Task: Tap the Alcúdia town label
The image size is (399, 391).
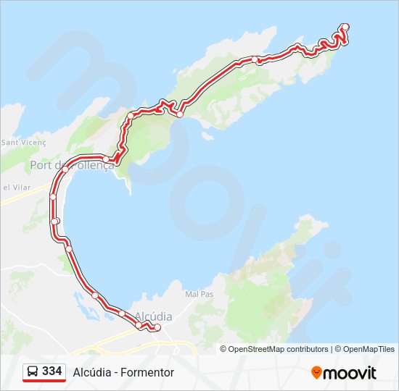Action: (x=153, y=316)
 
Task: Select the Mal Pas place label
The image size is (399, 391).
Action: (x=199, y=295)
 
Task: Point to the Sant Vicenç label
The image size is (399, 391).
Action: (x=23, y=143)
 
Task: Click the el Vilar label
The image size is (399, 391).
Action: (x=15, y=188)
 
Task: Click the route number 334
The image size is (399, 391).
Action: (x=52, y=371)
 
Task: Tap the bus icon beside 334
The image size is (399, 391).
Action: (x=33, y=372)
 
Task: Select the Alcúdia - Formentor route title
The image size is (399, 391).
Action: (x=123, y=372)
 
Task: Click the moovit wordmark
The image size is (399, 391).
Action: (x=350, y=373)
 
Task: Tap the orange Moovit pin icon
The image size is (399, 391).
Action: (x=316, y=372)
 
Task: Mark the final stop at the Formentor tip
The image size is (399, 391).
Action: (x=345, y=28)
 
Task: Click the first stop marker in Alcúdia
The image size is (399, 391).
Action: (x=157, y=328)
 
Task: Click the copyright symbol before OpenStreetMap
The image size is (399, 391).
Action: (x=223, y=349)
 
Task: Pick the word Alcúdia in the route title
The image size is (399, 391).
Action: (x=90, y=372)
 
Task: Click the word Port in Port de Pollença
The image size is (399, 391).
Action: (x=41, y=166)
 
